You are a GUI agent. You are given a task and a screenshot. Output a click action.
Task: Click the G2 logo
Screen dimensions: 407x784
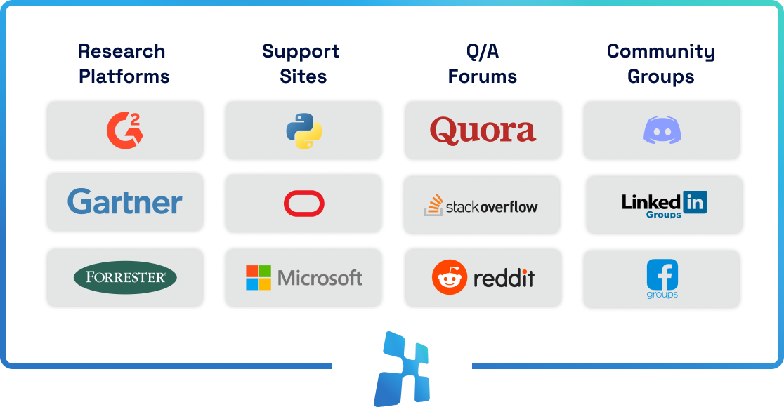coord(124,130)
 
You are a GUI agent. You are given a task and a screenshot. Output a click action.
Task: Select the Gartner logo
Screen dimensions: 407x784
coord(125,203)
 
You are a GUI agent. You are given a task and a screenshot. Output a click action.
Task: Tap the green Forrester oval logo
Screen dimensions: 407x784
coord(125,277)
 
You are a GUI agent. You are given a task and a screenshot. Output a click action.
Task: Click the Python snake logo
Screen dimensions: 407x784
coord(303,131)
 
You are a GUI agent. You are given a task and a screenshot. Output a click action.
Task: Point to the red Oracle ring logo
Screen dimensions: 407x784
coord(303,204)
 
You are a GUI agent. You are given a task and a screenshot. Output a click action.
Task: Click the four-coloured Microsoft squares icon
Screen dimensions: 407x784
coord(259,277)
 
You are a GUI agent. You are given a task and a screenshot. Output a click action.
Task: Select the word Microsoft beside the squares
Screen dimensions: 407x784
coord(320,278)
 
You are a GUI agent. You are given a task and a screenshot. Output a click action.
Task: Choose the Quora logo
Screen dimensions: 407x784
coord(483,131)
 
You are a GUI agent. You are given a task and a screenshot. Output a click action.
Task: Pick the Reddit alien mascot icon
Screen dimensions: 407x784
coord(450,277)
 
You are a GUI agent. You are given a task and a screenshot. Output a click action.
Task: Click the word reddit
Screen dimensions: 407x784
coord(504,278)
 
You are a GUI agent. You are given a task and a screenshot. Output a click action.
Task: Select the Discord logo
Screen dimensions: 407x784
coord(662,131)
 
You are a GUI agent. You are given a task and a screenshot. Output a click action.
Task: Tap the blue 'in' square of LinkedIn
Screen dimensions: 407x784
coord(695,203)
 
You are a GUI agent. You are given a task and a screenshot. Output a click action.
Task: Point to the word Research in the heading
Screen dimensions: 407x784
coord(122,51)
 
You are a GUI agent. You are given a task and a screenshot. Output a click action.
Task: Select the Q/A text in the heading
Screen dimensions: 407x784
coord(482,51)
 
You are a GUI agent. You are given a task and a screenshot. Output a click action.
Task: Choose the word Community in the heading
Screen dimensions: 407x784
coord(660,51)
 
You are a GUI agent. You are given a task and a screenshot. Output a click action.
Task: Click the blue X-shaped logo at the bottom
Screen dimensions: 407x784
coord(401,368)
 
